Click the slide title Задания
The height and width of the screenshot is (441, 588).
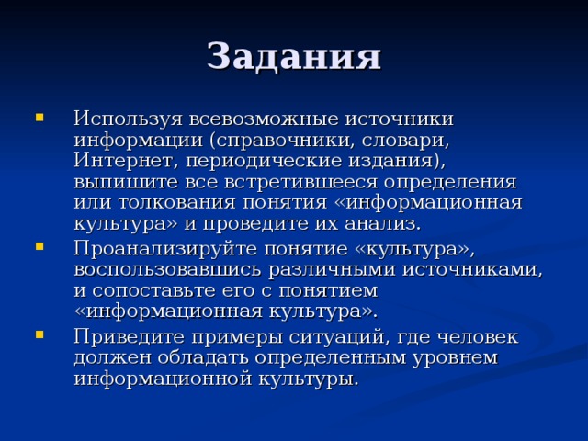294,56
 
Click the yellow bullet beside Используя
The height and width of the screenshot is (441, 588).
40,118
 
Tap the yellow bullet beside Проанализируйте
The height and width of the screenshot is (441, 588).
40,247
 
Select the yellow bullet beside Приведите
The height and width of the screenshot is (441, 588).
40,334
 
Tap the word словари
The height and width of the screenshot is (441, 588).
406,141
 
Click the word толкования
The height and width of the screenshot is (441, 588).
177,203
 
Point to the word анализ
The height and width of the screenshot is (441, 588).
382,224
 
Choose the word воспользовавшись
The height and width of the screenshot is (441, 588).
167,270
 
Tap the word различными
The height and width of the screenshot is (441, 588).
332,271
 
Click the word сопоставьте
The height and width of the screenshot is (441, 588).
154,291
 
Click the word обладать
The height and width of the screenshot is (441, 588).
203,357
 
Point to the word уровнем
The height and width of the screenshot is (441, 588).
456,358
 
